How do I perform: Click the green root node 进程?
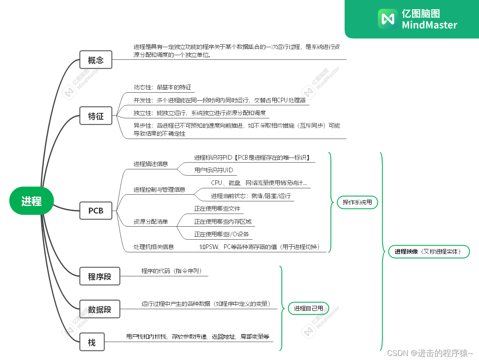pyautogui.click(x=32, y=201)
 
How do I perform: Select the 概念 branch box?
pyautogui.click(x=96, y=60)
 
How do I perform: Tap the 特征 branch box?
pyautogui.click(x=96, y=116)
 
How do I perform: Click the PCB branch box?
pyautogui.click(x=96, y=210)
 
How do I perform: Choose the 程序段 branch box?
pyautogui.click(x=99, y=276)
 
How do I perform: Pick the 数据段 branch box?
pyautogui.click(x=99, y=309)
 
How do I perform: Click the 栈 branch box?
pyautogui.click(x=92, y=342)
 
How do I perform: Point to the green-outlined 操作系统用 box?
pyautogui.click(x=357, y=202)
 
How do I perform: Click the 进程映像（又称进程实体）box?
pyautogui.click(x=428, y=251)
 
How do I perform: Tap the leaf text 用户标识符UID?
pyautogui.click(x=214, y=170)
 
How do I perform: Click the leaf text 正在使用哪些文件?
pyautogui.click(x=217, y=209)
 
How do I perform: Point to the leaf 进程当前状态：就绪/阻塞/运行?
pyautogui.click(x=251, y=196)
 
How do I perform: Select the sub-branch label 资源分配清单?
pyautogui.click(x=150, y=222)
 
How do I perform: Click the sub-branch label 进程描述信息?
pyautogui.click(x=150, y=163)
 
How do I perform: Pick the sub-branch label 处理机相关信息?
pyautogui.click(x=154, y=247)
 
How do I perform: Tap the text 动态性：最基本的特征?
pyautogui.click(x=162, y=88)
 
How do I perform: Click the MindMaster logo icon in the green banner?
pyautogui.click(x=387, y=19)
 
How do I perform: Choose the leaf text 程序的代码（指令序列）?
pyautogui.click(x=174, y=271)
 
